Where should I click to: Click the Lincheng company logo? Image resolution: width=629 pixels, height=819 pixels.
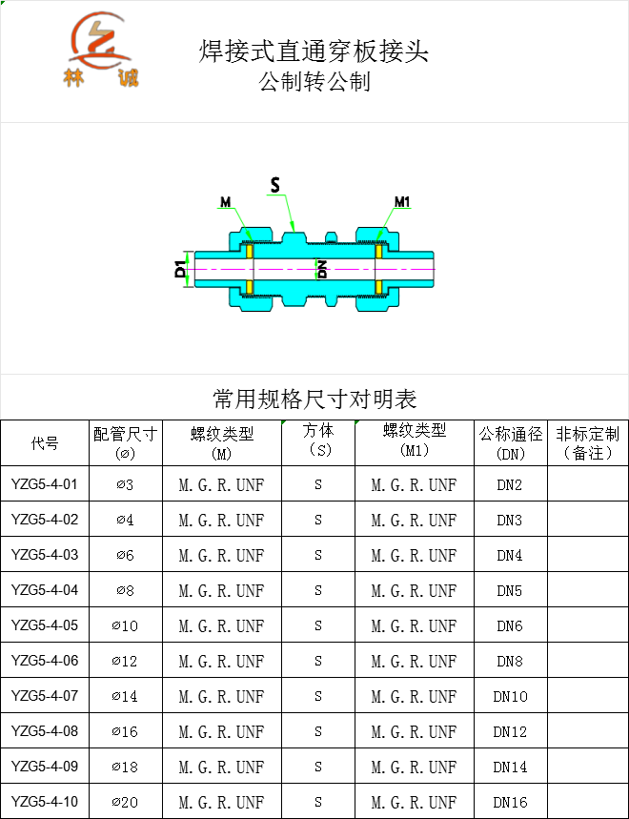101,49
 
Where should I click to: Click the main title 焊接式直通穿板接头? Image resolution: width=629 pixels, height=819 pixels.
314,51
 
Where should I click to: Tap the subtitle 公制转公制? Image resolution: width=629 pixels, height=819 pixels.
314,81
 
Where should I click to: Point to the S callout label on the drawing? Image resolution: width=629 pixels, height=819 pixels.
275,184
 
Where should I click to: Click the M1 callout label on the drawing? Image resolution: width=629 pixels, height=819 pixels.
402,201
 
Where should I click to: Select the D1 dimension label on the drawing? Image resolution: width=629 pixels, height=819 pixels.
180,270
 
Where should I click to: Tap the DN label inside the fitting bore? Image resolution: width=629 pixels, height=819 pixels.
322,269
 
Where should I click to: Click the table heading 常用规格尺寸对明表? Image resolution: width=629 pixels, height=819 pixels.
314,399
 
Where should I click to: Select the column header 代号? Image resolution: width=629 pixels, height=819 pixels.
45,443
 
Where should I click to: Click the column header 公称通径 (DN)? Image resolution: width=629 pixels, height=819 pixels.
511,442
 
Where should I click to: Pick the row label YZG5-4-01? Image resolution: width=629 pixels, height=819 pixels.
45,484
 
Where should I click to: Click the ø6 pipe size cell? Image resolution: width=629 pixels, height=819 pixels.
125,555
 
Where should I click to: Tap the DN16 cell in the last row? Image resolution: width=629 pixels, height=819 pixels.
510,802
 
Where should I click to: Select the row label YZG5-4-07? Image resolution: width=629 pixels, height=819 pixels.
45,696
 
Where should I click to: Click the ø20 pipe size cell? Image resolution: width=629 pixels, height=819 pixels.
125,802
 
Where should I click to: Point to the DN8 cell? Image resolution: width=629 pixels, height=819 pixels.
510,662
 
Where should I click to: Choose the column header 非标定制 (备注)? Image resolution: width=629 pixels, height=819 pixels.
588,442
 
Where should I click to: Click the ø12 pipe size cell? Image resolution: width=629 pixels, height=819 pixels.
125,662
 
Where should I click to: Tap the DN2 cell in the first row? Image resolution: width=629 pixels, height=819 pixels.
510,484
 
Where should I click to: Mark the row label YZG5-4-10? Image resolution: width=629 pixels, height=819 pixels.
45,801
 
